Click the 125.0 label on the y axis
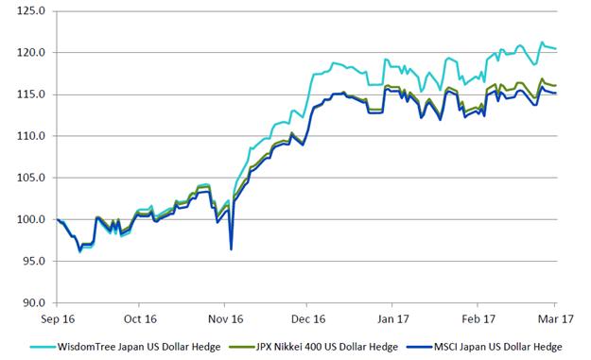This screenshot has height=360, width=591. (x=31, y=11)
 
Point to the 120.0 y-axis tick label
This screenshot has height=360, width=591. (x=31, y=52)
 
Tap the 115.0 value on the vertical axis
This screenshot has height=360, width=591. (x=31, y=94)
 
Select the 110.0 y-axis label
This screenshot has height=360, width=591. (x=31, y=136)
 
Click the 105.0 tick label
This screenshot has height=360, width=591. (x=31, y=178)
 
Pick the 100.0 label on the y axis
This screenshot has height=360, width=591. (x=31, y=219)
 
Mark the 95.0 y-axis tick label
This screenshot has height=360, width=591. (x=34, y=261)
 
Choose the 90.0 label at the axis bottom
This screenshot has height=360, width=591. (x=34, y=302)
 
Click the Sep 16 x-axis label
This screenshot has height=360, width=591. (x=58, y=319)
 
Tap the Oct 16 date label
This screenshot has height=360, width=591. (x=140, y=319)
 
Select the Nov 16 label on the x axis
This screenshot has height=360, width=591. (x=226, y=319)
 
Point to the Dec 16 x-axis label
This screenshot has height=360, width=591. (x=308, y=319)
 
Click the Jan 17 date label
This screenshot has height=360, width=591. (x=393, y=319)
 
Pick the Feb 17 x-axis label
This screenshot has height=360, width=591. (x=478, y=319)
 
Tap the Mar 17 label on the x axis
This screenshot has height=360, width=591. (x=556, y=319)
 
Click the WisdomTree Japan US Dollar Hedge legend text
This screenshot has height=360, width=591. (x=139, y=347)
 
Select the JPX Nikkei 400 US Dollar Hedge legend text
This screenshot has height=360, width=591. (x=327, y=347)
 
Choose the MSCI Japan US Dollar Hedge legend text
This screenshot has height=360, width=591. (x=498, y=347)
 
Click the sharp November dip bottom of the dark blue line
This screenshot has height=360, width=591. (x=231, y=249)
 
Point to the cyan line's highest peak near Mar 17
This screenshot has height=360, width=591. (x=542, y=43)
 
